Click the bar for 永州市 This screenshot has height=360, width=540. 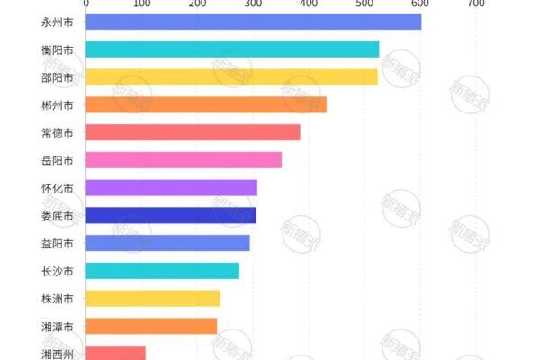coord(253,22)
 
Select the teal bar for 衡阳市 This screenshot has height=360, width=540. coord(232,49)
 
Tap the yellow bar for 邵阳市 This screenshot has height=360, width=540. coord(231,77)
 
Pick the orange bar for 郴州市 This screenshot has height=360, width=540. coord(206,104)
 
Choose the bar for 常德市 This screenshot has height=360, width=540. coord(193,132)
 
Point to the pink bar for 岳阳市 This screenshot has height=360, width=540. coord(184,160)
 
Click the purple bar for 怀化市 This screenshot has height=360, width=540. coord(171,188)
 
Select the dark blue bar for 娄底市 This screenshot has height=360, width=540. coord(171,215)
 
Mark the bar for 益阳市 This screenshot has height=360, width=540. coord(167,243)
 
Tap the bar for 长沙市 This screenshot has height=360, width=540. coord(163,271)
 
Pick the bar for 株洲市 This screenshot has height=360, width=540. coord(153,299)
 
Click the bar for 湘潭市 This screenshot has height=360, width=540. coord(151,326)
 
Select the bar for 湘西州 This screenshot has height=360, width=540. coord(115,353)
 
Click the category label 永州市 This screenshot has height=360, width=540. coord(58,22)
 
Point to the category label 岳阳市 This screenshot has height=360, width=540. coord(58,160)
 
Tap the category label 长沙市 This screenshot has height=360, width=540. coord(58,271)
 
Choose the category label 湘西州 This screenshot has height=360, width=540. coord(58,354)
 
